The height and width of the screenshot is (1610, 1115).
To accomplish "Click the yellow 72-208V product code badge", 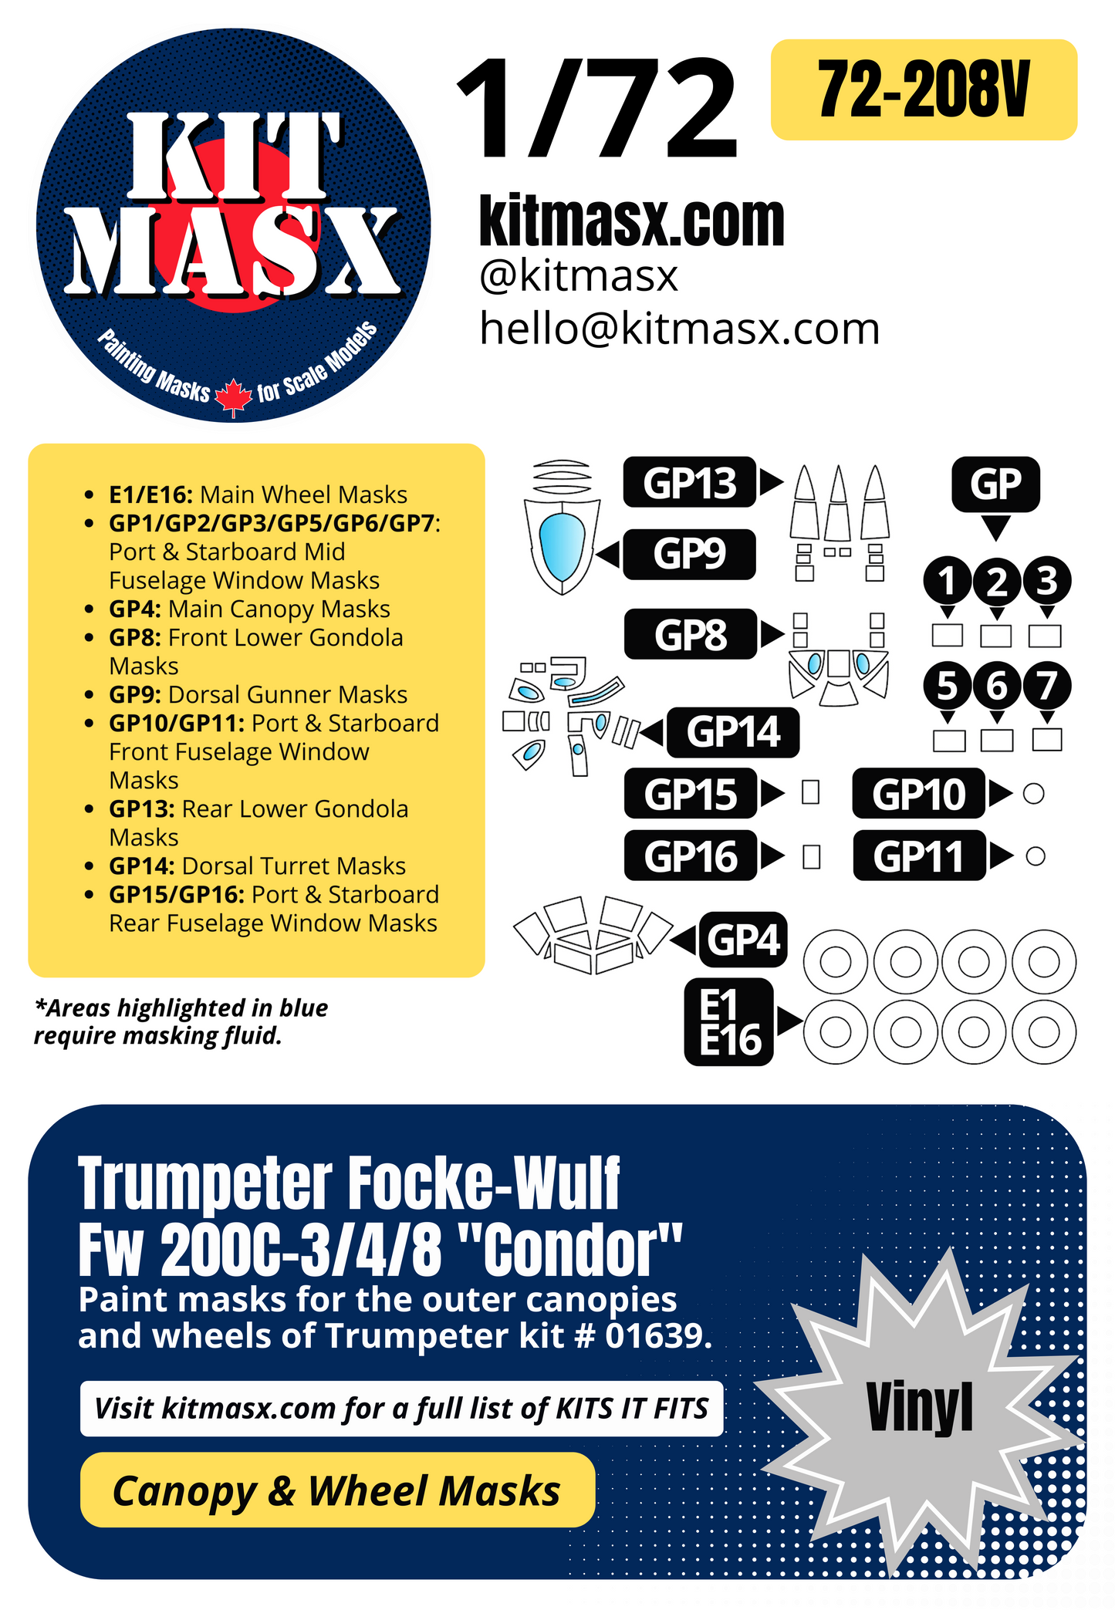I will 923,89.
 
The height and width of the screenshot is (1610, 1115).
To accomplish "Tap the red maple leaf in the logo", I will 233,397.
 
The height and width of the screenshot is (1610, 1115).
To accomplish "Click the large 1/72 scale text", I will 599,110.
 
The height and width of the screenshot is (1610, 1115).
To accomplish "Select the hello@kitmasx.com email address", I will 679,329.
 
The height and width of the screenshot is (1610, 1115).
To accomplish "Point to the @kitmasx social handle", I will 579,276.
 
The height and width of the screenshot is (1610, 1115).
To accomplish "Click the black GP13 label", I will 689,483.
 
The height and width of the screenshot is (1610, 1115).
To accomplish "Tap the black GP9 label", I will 689,554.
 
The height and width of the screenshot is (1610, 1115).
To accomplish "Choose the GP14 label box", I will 732,732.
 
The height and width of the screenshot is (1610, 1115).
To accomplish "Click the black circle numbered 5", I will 948,685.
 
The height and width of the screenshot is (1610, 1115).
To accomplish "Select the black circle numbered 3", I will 1046,580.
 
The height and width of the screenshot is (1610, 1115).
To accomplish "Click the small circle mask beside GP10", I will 1033,794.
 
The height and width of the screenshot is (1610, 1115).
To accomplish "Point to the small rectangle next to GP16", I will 811,856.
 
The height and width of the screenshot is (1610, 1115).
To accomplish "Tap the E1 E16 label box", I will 728,1021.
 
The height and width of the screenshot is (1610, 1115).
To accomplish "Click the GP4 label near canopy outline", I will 742,940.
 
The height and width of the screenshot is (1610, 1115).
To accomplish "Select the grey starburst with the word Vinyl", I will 918,1409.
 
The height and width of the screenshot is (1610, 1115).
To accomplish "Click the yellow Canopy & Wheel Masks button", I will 337,1490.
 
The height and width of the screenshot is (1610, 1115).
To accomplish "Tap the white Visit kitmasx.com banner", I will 401,1409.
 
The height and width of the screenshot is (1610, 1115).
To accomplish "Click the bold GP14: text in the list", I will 143,866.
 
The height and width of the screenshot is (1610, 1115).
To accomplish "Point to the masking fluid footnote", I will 181,1021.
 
